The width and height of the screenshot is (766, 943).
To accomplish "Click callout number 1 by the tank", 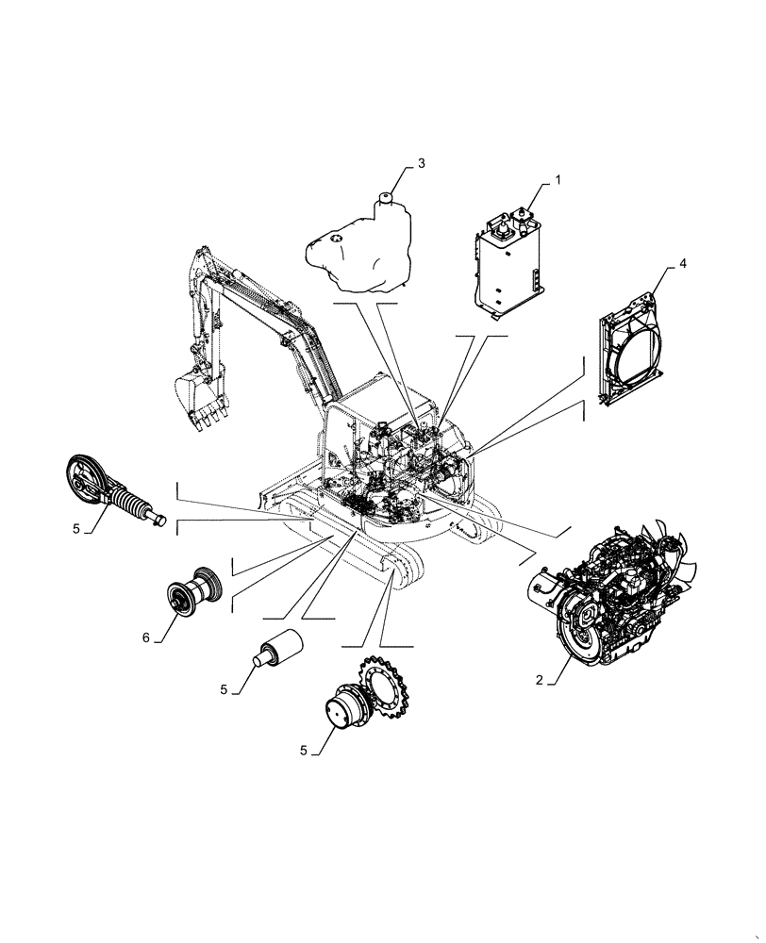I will (x=557, y=178).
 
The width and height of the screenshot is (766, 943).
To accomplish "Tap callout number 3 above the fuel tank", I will (x=421, y=163).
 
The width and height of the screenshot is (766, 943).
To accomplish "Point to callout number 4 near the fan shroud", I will (x=683, y=265).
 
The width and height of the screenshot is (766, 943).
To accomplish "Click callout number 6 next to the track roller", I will (x=146, y=638).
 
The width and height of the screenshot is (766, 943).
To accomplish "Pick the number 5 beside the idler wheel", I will (x=75, y=529).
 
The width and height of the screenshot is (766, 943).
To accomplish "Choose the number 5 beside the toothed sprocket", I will (x=303, y=751).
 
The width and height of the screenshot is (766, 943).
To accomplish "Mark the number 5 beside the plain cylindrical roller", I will (x=224, y=690).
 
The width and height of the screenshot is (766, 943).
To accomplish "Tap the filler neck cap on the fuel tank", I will (x=385, y=198).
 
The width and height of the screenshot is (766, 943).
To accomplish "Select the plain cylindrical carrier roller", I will (x=278, y=648).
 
